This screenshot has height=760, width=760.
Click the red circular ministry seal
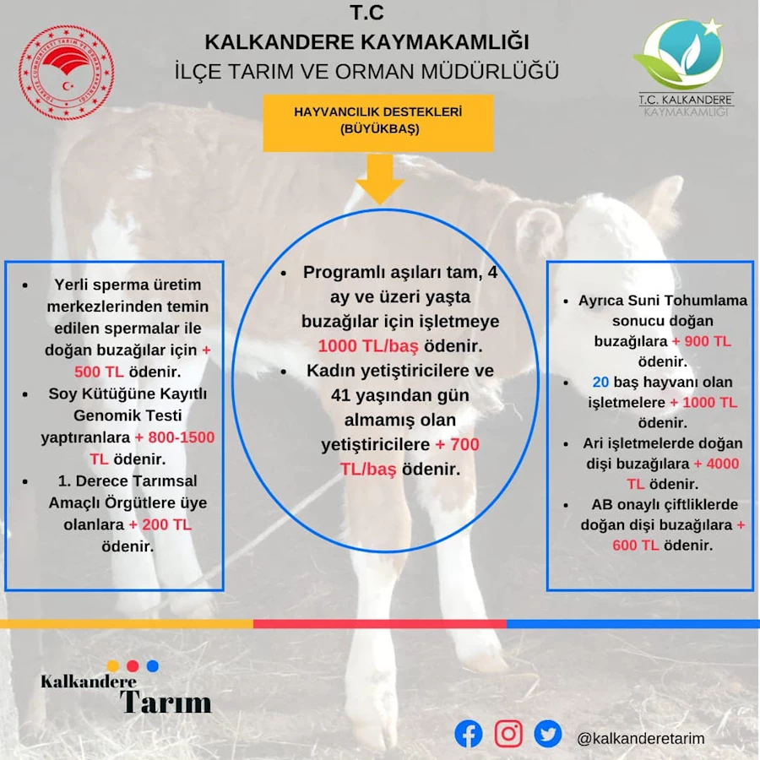(x=67, y=73)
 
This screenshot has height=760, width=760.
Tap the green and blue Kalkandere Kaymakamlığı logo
(x=683, y=67)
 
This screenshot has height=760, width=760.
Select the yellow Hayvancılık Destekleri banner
(x=378, y=123)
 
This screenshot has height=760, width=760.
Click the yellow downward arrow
(x=380, y=180)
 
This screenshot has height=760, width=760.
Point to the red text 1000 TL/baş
(x=368, y=346)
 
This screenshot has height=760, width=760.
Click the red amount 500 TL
(x=99, y=372)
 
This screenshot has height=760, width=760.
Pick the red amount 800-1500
(x=181, y=437)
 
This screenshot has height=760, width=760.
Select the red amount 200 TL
(x=166, y=524)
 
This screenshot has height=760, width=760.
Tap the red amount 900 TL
(x=708, y=341)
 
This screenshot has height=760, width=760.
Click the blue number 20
(x=600, y=382)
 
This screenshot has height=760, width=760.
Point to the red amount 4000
(x=722, y=464)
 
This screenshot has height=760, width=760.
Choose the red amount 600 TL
(x=635, y=546)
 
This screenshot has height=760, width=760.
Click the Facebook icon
(x=468, y=734)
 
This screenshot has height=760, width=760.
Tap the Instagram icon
(x=508, y=733)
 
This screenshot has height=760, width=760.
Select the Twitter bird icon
(x=548, y=734)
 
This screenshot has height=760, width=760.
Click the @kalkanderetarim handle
(x=640, y=739)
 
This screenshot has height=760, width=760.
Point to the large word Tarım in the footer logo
(x=166, y=703)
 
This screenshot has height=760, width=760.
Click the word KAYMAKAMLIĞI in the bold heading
(x=444, y=41)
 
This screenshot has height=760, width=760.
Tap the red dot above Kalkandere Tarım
(x=133, y=666)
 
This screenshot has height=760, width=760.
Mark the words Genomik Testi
(x=128, y=415)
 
